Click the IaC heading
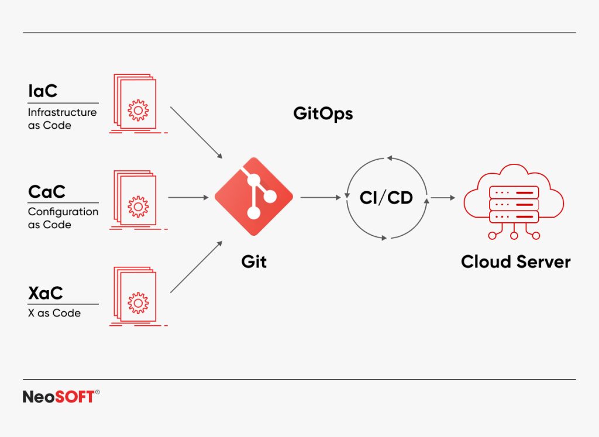[x=43, y=91]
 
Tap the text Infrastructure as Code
[x=61, y=119]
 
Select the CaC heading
[x=46, y=191]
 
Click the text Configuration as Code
[x=63, y=218]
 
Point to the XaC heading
[x=45, y=292]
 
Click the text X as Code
[x=54, y=313]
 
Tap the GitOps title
[x=323, y=113]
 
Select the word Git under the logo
[x=253, y=261]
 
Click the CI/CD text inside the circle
[x=386, y=198]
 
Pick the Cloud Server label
[x=515, y=261]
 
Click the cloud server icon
[x=514, y=202]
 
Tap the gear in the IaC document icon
[x=138, y=109]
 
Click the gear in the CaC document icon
[x=138, y=206]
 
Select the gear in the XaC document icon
[x=138, y=302]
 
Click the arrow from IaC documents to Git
[x=196, y=132]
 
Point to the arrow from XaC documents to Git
[x=196, y=266]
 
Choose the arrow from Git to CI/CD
[x=320, y=198]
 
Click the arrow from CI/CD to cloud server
[x=443, y=198]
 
